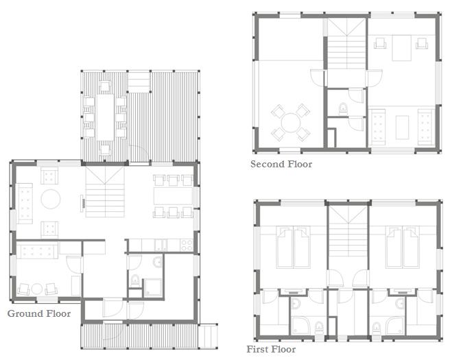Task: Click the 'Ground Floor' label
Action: click(39, 313)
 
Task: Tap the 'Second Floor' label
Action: click(281, 165)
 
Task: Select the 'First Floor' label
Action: click(271, 349)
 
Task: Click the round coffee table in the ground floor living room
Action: click(51, 199)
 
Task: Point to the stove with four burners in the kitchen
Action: click(187, 245)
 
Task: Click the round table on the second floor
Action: click(291, 123)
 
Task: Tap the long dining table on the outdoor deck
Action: click(105, 117)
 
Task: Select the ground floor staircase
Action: click(105, 192)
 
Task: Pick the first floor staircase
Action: click(348, 237)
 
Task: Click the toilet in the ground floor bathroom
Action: click(134, 280)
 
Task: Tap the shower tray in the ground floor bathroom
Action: click(152, 287)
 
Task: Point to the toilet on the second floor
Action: click(343, 109)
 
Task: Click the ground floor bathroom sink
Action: click(158, 263)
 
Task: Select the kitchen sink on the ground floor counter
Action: click(161, 245)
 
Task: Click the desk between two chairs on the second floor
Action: click(401, 48)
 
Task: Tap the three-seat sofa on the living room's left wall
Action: click(25, 203)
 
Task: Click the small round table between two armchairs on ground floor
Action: click(37, 289)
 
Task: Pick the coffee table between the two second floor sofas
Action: click(402, 127)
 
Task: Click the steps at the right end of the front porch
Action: click(208, 337)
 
